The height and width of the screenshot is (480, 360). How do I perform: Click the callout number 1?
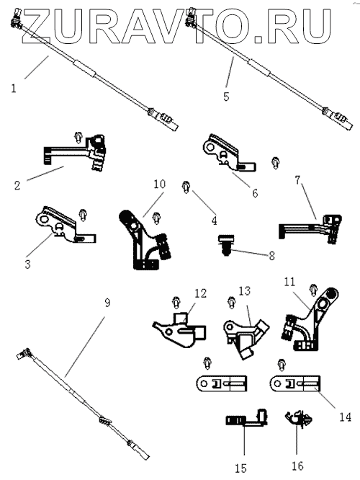pos(14,89)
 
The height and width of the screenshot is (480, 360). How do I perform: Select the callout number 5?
pos(226,97)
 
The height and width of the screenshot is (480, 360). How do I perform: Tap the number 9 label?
pos(107,303)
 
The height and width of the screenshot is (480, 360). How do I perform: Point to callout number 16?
pos(297,466)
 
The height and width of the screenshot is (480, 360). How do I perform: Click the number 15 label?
pos(241,468)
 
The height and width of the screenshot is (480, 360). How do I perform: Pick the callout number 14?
pos(346,417)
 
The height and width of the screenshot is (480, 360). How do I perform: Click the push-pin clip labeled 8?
pos(226,244)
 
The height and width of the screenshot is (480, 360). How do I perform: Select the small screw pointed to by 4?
pos(186,187)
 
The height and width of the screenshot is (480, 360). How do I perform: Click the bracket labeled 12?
pos(180,331)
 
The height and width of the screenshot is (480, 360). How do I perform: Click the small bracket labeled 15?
pos(246,417)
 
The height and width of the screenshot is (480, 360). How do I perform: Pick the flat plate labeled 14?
pos(295,383)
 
